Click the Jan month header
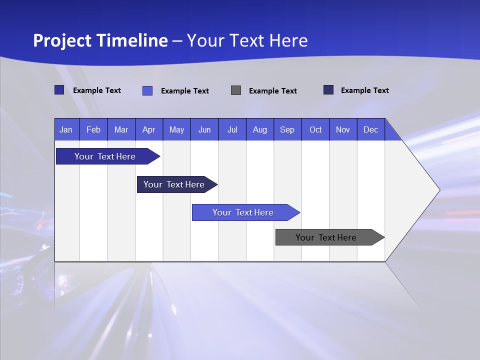[x=66, y=129]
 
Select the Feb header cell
[x=93, y=129]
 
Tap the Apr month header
[x=148, y=129]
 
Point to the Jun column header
[x=204, y=129]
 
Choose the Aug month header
[x=260, y=129]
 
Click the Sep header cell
[x=287, y=129]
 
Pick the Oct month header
[x=315, y=129]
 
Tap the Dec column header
[x=371, y=129]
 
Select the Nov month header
[x=343, y=129]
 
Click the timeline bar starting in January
[x=105, y=156]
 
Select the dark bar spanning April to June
[x=174, y=184]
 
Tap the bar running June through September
[x=243, y=212]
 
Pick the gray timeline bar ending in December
[x=326, y=237]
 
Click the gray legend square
[x=236, y=90]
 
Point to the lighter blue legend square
[x=147, y=90]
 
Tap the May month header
[x=176, y=129]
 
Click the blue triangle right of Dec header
[x=391, y=133]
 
